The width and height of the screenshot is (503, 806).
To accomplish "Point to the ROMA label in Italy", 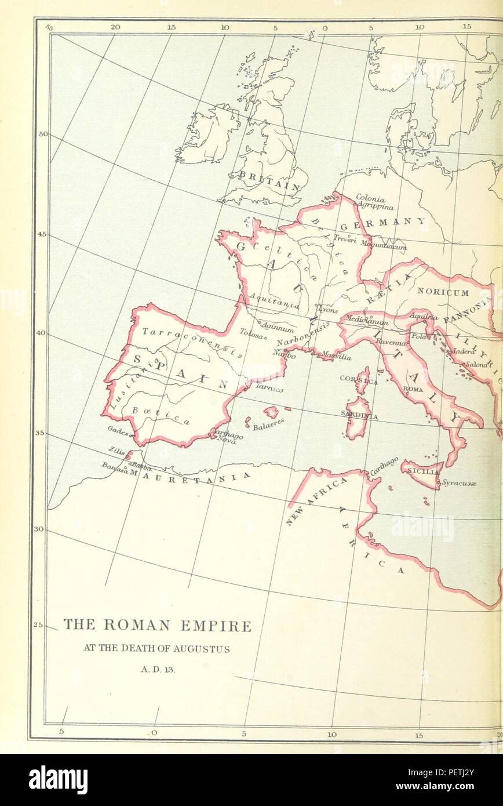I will (x=413, y=389).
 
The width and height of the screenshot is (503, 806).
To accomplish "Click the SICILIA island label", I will (x=422, y=471).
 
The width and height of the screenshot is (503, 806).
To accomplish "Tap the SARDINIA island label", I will (x=359, y=416).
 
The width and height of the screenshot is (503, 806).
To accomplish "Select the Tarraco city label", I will (x=269, y=389).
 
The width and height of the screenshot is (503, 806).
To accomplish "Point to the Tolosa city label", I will (x=253, y=334).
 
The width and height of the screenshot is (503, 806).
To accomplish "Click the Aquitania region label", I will (x=274, y=301).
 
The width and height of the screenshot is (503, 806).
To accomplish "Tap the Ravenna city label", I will (x=392, y=342).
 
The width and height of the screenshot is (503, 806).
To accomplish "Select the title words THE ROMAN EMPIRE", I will (x=157, y=625).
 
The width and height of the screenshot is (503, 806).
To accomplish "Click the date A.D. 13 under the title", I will (x=156, y=669).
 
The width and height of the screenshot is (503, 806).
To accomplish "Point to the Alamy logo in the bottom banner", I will (x=58, y=780).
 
